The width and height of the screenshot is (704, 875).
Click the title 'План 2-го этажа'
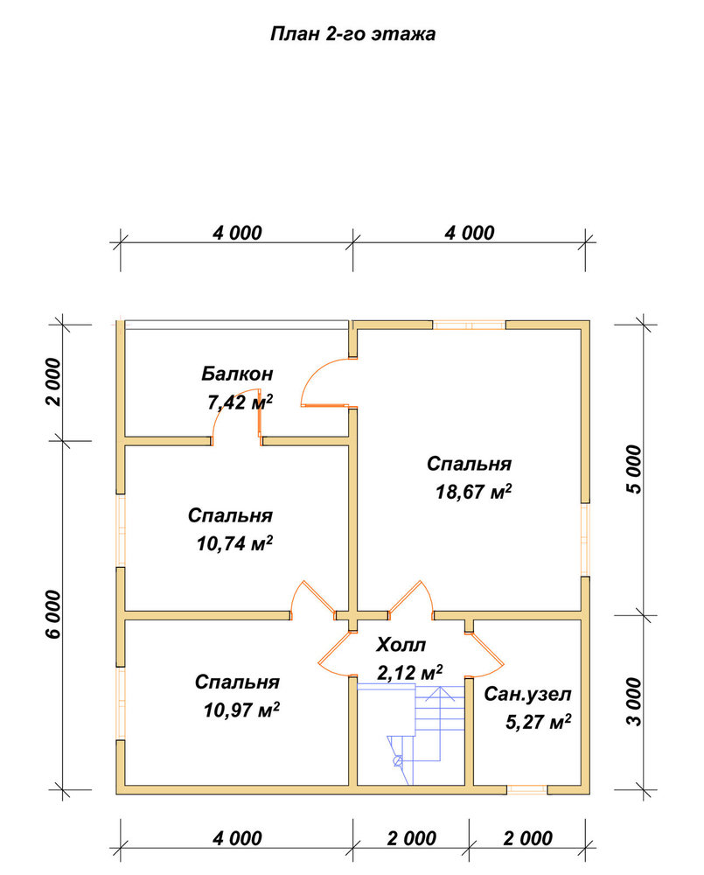[352, 34]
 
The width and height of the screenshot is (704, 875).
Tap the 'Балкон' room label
[237, 373]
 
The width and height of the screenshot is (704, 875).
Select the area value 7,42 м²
[240, 402]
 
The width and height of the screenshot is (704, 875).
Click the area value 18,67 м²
[473, 492]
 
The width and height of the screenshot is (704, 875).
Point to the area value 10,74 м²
[234, 543]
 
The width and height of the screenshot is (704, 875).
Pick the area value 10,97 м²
[241, 710]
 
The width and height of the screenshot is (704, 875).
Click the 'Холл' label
[401, 645]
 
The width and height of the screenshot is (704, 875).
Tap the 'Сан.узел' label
[527, 694]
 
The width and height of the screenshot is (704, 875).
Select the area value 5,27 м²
[539, 722]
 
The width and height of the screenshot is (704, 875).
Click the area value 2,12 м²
[410, 672]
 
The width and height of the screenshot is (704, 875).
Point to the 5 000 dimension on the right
[634, 469]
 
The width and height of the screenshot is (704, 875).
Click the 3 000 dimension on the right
[634, 702]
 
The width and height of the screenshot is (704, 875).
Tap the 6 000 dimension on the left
[54, 614]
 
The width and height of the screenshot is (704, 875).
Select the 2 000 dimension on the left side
[54, 382]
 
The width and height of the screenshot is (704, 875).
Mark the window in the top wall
[469, 325]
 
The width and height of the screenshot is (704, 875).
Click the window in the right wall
[584, 540]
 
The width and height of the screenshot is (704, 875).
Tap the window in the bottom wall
[527, 789]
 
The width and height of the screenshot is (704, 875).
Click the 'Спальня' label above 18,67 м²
[469, 464]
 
